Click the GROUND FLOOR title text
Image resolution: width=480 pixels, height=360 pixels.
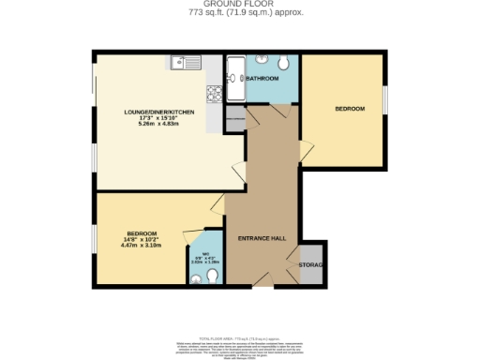[239, 5]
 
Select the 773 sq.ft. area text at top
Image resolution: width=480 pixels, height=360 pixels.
[239, 14]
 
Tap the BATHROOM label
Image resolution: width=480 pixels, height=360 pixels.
[262, 79]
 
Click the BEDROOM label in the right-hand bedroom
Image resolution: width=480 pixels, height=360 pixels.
[350, 109]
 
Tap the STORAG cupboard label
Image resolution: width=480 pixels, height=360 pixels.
[311, 265]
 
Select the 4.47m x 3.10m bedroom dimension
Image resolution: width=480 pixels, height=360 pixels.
[142, 245]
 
